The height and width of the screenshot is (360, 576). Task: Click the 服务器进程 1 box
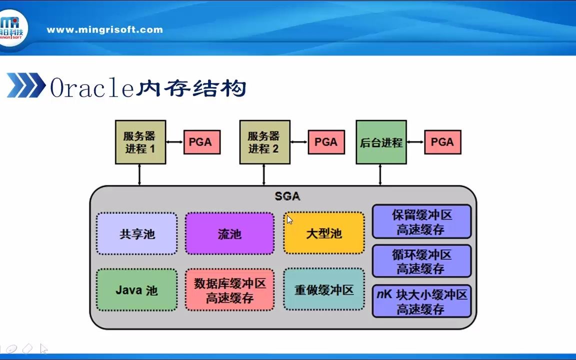point(140,142)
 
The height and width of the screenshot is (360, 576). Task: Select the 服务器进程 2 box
point(264,142)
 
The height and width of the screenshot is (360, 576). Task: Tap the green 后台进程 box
point(381,142)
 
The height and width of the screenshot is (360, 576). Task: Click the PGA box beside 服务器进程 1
point(202,142)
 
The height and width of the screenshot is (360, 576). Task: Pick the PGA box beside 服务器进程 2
point(326,142)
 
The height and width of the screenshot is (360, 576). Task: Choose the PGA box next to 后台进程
point(442,142)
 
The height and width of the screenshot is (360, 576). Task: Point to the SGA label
point(287,196)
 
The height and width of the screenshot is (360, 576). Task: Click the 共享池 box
point(136,233)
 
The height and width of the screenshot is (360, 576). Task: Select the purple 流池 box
point(229,233)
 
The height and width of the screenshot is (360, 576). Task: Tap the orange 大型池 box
point(324,233)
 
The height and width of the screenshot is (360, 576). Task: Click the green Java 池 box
point(136,290)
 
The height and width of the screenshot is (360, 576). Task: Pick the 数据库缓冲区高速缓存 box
point(229,290)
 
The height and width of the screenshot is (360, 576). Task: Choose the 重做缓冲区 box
point(324,290)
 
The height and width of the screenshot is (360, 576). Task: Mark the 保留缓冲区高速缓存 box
point(421,221)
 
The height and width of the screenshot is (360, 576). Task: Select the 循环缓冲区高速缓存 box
point(421,261)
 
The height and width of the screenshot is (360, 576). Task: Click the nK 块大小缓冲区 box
point(421,301)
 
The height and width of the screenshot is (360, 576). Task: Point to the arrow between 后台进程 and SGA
point(380,174)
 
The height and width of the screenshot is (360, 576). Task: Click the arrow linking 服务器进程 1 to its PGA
point(174,142)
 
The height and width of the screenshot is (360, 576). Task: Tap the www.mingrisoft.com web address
point(104,29)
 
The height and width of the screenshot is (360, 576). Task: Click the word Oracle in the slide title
point(92,88)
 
